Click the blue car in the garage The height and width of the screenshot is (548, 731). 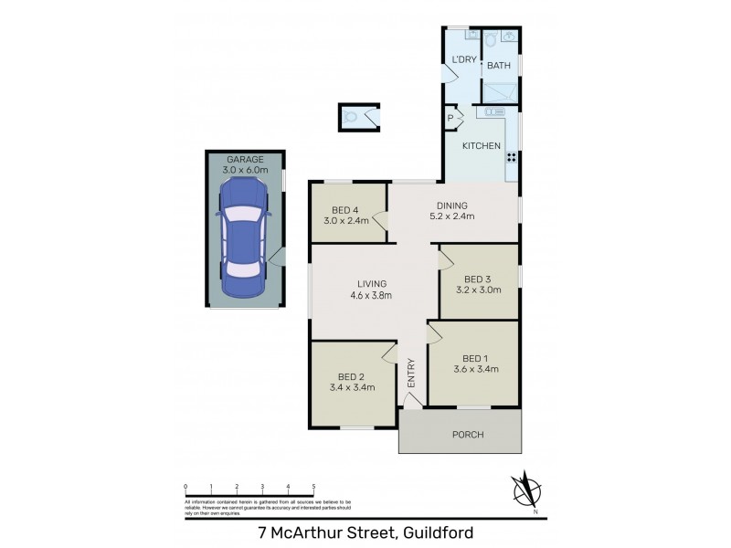coord(244,238)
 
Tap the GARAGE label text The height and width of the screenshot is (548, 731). coord(244,159)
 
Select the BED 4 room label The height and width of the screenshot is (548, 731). coord(346,215)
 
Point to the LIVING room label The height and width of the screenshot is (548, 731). coord(372,290)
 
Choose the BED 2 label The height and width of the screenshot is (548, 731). coord(352,382)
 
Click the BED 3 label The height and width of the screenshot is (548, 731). coord(478,286)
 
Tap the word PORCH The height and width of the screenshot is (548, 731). coord(467,435)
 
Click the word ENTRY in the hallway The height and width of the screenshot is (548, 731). coord(411,374)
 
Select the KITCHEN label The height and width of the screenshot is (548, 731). coord(481,146)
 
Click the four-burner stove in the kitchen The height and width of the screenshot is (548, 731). coord(511,156)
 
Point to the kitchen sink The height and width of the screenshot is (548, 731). coord(491,112)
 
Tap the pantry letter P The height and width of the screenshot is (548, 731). coord(451,118)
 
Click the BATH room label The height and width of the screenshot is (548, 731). coord(498,66)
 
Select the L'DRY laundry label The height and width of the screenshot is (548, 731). coord(461,60)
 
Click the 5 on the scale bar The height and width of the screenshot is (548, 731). coord(313,487)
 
